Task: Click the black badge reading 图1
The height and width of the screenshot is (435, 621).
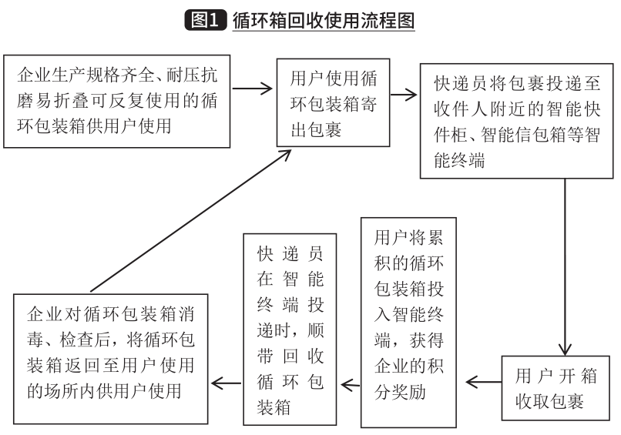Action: tap(205, 20)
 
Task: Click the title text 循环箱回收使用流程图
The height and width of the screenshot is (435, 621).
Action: tap(324, 20)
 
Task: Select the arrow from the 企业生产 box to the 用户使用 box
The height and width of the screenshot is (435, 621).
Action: tap(252, 89)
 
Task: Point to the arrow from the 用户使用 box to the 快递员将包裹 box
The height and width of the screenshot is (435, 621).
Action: tap(404, 95)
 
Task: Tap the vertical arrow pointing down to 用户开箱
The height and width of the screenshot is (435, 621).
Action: tap(565, 267)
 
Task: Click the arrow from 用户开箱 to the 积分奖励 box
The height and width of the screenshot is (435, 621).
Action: tap(484, 383)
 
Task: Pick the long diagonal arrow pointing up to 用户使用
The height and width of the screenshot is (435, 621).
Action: tap(191, 221)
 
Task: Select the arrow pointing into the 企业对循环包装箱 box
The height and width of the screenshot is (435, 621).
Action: tap(227, 383)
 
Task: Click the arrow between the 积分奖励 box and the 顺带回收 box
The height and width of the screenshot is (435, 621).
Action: tap(351, 385)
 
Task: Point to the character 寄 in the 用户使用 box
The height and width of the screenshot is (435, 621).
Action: tap(369, 104)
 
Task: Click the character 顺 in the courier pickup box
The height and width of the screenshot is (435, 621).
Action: tap(316, 330)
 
